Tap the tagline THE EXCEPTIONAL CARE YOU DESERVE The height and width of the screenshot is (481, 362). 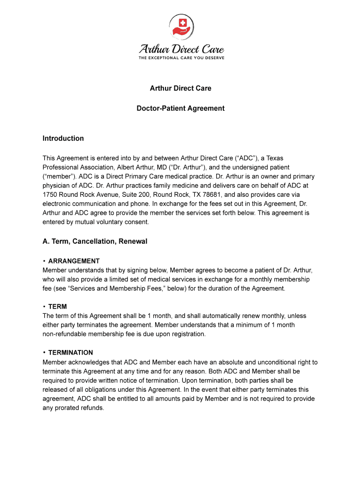tap(181, 58)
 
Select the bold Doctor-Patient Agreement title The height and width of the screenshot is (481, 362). tap(181, 109)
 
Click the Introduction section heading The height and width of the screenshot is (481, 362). tap(63, 139)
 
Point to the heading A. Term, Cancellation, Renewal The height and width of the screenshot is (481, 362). tap(94, 241)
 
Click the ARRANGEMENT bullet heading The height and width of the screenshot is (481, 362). tap(74, 261)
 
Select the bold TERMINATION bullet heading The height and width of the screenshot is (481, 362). tap(71, 353)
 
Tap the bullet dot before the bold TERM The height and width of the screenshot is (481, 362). tap(44, 307)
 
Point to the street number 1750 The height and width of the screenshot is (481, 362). tap(50, 194)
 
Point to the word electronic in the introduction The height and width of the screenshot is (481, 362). tap(59, 204)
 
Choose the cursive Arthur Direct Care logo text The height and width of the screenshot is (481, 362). tap(181, 49)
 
